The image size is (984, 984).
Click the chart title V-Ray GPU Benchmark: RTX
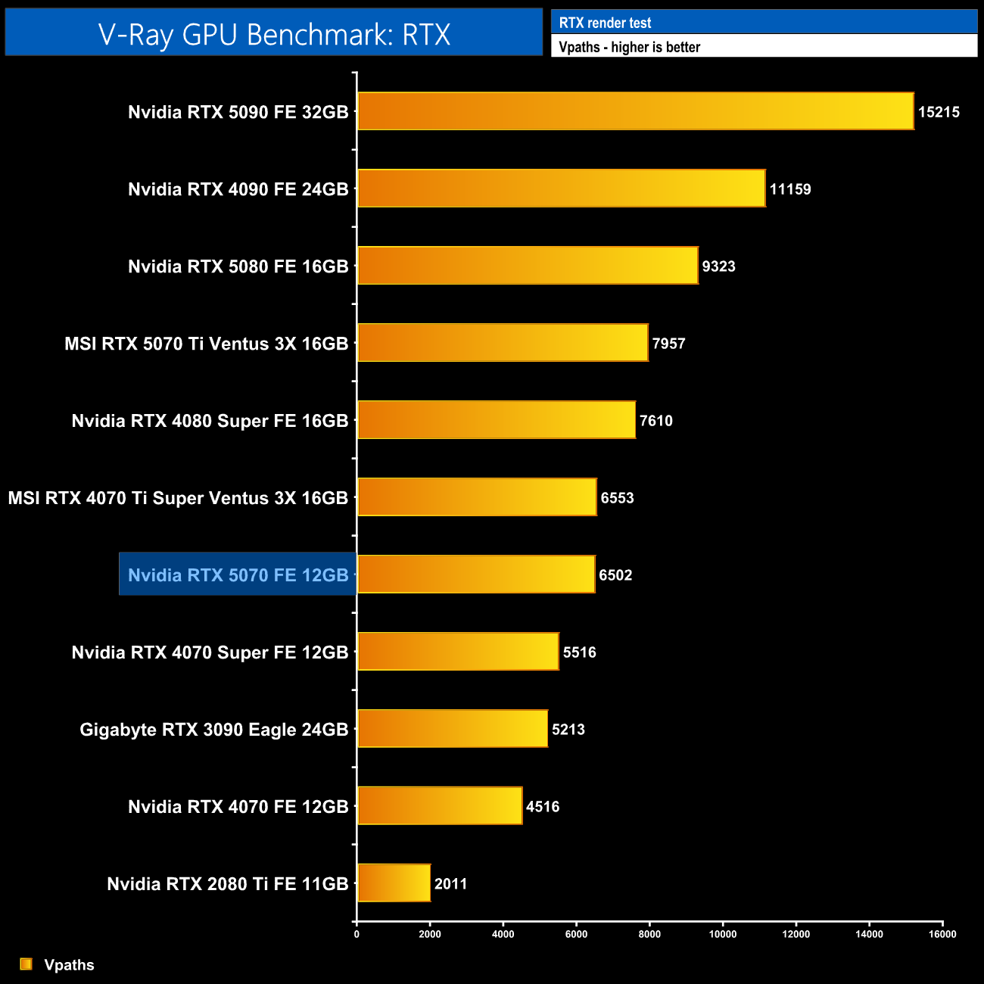pos(274,34)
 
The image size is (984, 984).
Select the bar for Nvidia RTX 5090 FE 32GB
pos(635,111)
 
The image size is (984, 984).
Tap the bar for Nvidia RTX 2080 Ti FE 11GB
pos(394,883)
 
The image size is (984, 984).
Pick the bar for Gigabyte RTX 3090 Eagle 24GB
pos(452,728)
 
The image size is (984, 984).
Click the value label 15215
pos(939,112)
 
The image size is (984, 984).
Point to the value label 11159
pos(790,189)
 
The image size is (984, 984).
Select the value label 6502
pos(615,575)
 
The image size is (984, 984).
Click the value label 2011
pos(450,884)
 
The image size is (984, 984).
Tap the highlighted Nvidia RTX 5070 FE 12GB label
pos(238,575)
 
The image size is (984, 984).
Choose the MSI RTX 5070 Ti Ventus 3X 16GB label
pos(206,344)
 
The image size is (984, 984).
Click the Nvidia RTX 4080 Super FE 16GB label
pos(210,421)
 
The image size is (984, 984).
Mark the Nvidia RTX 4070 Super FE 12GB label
pos(210,652)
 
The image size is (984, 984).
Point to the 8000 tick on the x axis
pos(649,934)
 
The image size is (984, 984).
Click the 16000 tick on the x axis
pos(942,934)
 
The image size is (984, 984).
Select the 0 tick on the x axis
pos(357,934)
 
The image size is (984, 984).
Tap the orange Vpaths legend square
pos(26,964)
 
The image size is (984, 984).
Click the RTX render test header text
pos(605,23)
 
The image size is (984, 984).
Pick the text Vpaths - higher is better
pos(629,47)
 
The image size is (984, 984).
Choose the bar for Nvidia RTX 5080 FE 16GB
pos(528,266)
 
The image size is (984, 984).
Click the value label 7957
pos(668,344)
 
